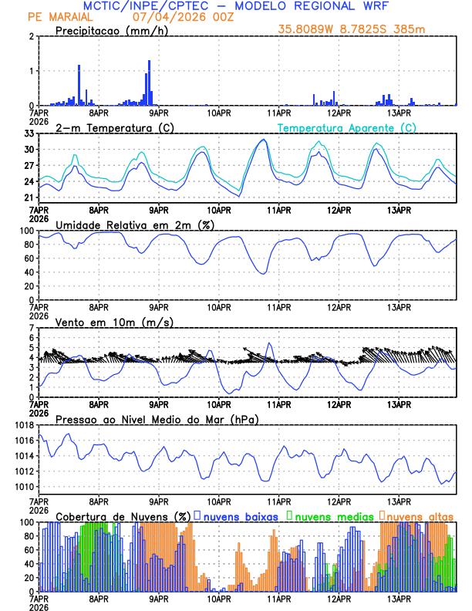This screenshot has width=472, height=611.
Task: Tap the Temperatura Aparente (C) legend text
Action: pos(346,127)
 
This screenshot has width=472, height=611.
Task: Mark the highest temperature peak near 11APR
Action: pos(264,140)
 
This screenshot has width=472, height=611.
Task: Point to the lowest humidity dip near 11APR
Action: pos(263,273)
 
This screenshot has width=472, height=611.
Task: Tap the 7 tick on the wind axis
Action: pos(32,328)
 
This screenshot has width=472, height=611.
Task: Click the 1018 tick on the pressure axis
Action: pos(24,425)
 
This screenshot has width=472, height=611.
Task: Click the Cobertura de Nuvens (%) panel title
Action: pos(123,516)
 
